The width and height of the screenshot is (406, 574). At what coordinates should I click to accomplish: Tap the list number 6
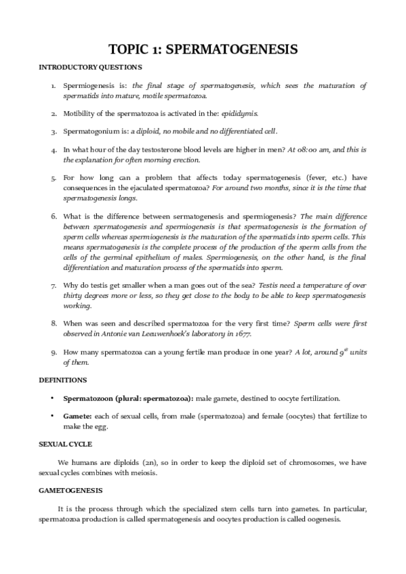pyautogui.click(x=54, y=216)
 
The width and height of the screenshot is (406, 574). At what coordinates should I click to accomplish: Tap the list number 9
pyautogui.click(x=54, y=352)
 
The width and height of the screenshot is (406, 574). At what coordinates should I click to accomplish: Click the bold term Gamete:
pyautogui.click(x=78, y=416)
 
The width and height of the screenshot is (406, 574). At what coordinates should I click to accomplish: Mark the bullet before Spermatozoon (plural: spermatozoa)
pyautogui.click(x=53, y=398)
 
